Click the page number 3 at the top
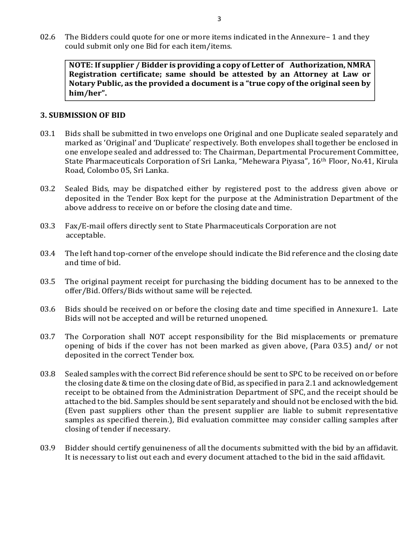(x=219, y=19)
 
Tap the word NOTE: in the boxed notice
(x=81, y=65)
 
